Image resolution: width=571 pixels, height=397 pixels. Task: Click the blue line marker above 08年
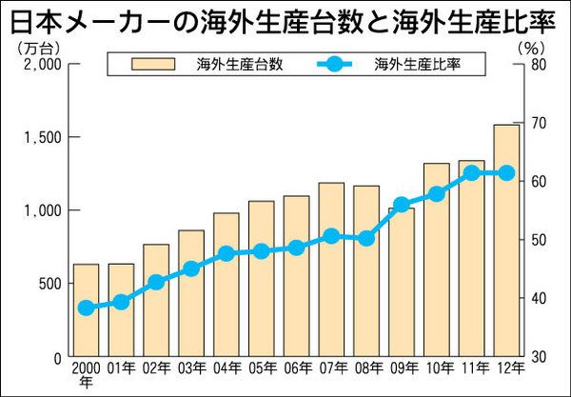[x=366, y=238]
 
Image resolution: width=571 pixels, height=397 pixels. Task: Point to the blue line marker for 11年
[x=472, y=173]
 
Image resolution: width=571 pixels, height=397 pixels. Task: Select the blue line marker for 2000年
[x=86, y=308]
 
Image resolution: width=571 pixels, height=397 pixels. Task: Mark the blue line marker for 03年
[x=190, y=268]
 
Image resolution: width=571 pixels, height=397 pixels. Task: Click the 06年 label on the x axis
[x=296, y=368]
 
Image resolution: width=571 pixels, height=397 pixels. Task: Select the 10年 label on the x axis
[x=437, y=368]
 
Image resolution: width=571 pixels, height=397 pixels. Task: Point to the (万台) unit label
[x=36, y=45]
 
